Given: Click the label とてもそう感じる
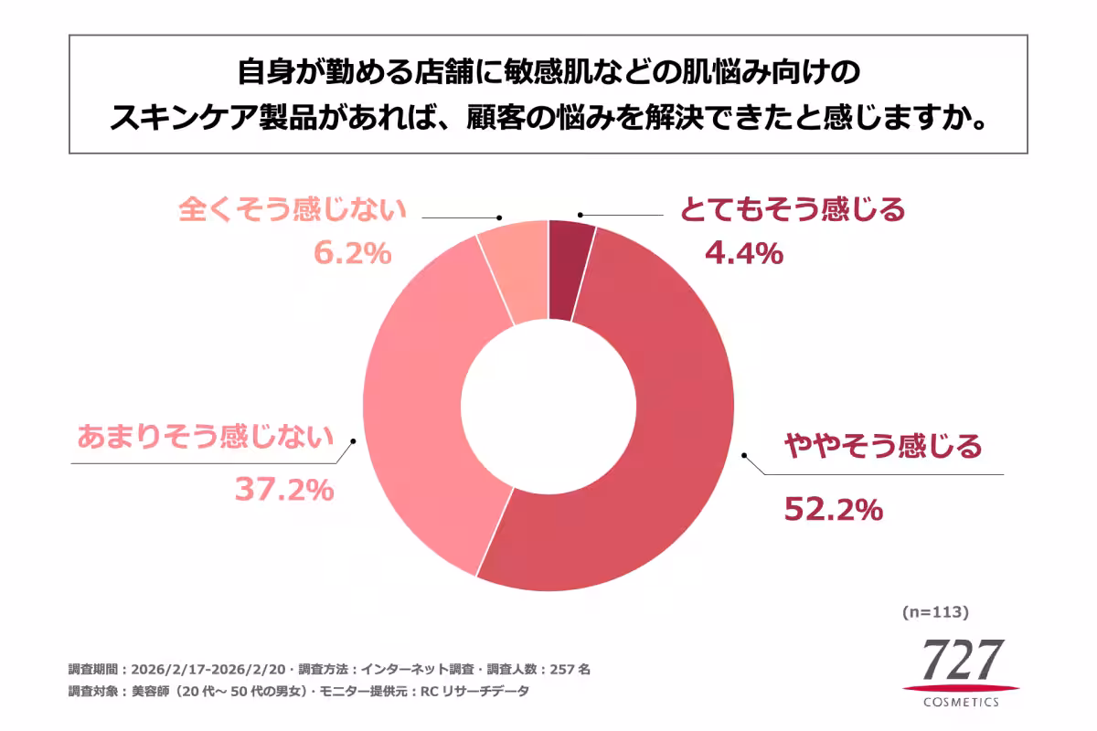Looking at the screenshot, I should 792,210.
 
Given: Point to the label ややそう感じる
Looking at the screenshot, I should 883,446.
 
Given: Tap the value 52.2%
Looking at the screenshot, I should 833,509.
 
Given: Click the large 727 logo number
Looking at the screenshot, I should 961,658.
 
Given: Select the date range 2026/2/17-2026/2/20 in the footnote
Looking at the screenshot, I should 212,669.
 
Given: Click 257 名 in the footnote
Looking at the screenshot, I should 570,669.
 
